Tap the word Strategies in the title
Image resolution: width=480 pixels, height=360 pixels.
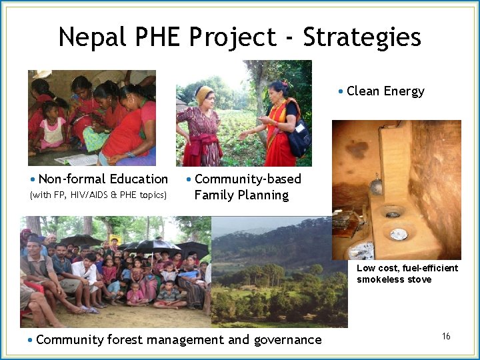[x=362, y=37]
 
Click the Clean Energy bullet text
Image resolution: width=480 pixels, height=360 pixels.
[x=385, y=91]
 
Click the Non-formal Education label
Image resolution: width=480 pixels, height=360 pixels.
[x=103, y=179]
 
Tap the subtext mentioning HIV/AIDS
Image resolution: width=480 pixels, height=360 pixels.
[x=98, y=195]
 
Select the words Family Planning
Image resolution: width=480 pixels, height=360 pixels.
[x=241, y=195]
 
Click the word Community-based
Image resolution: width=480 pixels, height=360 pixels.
[x=248, y=179]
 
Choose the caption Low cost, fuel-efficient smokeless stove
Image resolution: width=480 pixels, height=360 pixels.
[x=407, y=273]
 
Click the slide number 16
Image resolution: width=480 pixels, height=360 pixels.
[x=446, y=336]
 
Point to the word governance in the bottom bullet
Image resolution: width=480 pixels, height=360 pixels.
[x=287, y=340]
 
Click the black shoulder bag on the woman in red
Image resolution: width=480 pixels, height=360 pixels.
[x=299, y=138]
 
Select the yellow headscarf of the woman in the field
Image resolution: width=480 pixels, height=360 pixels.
[x=204, y=94]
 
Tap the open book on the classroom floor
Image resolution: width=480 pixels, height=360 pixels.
[x=77, y=159]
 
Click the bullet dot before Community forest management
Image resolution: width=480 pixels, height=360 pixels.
[x=30, y=341]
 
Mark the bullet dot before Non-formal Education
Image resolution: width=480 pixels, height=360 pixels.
[x=33, y=179]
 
